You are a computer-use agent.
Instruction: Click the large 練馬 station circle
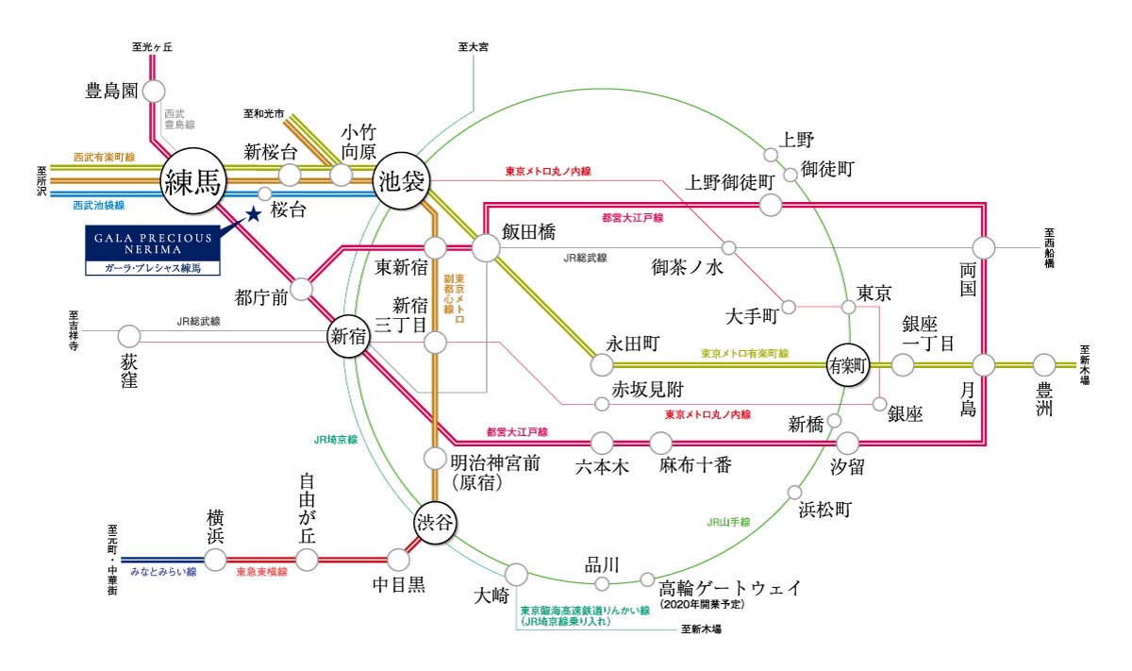(193, 180)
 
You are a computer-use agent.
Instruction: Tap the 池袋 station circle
(401, 180)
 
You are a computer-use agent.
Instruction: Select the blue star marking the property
(253, 214)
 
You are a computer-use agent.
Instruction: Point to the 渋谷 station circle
(435, 522)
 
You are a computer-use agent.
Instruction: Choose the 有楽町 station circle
(847, 364)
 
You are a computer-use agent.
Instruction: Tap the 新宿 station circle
(348, 336)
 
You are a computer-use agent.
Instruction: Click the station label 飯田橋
(528, 232)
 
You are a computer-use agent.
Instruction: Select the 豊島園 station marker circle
(154, 92)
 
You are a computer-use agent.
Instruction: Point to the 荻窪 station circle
(129, 336)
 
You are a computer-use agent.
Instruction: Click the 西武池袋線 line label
(98, 206)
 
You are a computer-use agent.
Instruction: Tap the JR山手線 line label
(728, 522)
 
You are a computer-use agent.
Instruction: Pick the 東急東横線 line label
(262, 572)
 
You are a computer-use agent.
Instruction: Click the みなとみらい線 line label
(163, 572)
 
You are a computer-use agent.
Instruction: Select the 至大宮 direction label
(473, 47)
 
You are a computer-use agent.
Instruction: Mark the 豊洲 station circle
(1044, 364)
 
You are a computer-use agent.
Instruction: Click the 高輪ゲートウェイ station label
(730, 588)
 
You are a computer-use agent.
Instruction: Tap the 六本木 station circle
(602, 443)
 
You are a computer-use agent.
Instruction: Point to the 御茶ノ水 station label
(688, 267)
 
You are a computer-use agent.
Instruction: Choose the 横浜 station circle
(215, 560)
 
